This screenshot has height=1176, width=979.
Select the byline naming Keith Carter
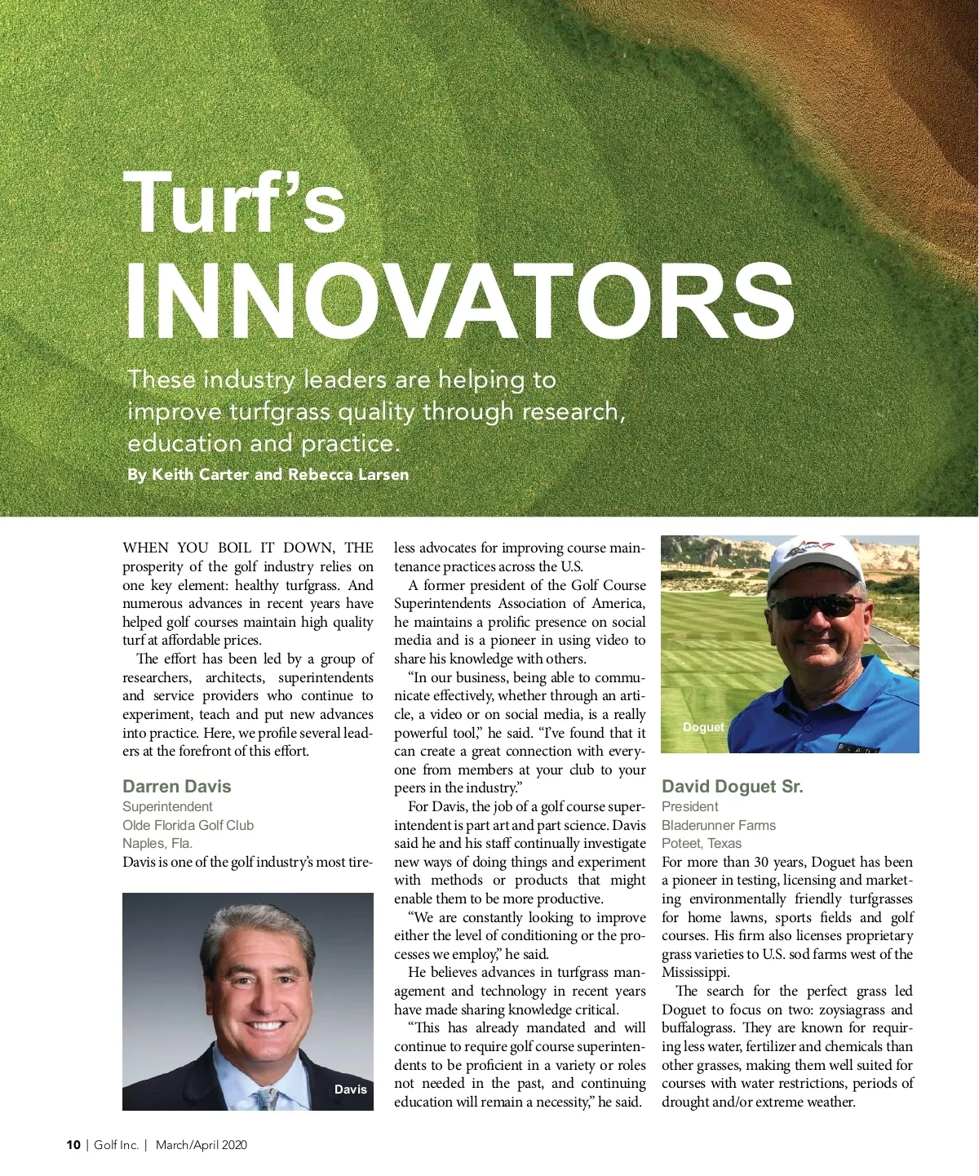tap(268, 474)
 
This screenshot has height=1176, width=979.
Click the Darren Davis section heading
tap(176, 786)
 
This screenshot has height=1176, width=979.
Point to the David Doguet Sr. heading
tap(732, 786)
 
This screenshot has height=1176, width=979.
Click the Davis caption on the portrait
tap(350, 1089)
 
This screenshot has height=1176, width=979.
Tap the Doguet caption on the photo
tap(702, 726)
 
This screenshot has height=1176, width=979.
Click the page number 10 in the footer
tap(73, 1144)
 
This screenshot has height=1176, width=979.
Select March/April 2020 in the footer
tap(201, 1144)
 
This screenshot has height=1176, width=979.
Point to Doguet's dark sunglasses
tap(816, 607)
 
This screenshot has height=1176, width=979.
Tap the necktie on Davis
tap(267, 1098)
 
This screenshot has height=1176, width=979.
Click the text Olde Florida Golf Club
tap(188, 825)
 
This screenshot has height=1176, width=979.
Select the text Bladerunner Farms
tap(718, 825)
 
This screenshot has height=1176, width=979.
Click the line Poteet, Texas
tap(701, 843)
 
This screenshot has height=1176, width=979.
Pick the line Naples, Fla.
tap(157, 843)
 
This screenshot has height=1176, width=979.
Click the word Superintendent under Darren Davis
tap(167, 806)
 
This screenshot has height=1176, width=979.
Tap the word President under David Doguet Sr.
tap(689, 806)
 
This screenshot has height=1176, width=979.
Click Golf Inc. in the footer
tap(116, 1144)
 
